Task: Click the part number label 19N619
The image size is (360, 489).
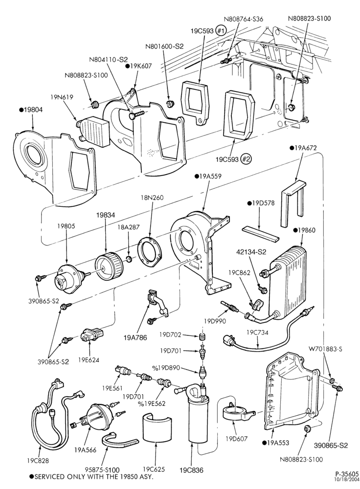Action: tap(62, 97)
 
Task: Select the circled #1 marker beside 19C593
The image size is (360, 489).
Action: tap(221, 31)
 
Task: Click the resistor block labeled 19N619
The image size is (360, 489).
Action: tap(93, 130)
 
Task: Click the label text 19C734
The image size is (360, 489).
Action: tap(257, 333)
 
